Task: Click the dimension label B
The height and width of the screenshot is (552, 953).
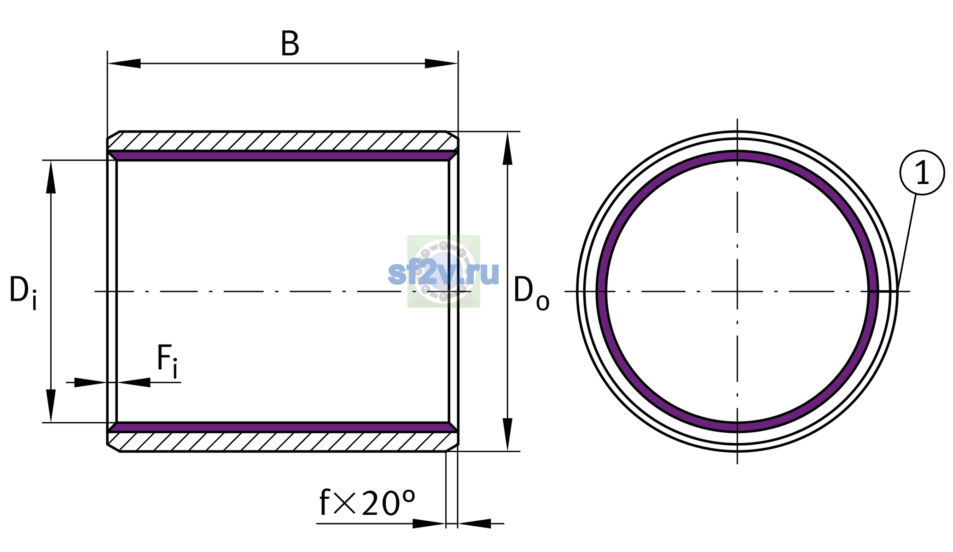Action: click(x=290, y=44)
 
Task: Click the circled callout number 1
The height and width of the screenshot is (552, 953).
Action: click(x=922, y=172)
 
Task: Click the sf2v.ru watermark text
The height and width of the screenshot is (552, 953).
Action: click(x=443, y=272)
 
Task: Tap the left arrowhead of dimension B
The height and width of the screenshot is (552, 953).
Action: click(x=124, y=63)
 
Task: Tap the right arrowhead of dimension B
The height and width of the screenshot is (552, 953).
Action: click(x=441, y=63)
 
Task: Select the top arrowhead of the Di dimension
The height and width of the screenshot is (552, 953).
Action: click(x=51, y=177)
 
